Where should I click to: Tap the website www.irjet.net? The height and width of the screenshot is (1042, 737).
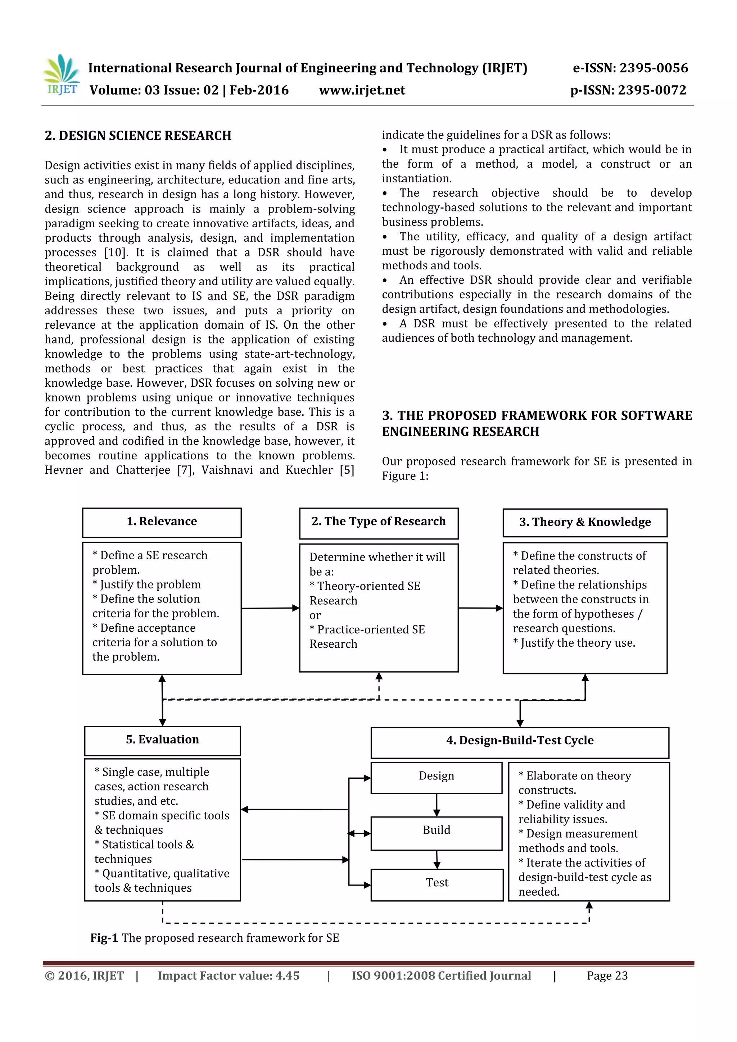pyautogui.click(x=362, y=90)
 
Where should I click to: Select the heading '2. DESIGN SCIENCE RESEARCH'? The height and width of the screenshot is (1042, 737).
pyautogui.click(x=138, y=136)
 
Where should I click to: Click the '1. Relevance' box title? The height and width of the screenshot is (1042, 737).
pyautogui.click(x=162, y=522)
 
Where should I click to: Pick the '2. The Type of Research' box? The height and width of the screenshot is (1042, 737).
pyautogui.click(x=378, y=522)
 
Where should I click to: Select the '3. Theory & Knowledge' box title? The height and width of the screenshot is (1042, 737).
pyautogui.click(x=584, y=522)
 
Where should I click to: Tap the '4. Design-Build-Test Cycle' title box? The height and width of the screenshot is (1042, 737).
pyautogui.click(x=520, y=741)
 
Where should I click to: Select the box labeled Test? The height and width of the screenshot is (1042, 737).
pyautogui.click(x=437, y=883)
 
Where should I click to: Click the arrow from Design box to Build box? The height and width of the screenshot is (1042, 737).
pyautogui.click(x=437, y=804)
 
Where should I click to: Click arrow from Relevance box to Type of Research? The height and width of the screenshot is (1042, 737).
pyautogui.click(x=270, y=608)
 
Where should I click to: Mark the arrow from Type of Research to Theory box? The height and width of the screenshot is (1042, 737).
pyautogui.click(x=480, y=608)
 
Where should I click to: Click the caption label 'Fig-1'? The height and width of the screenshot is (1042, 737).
pyautogui.click(x=104, y=938)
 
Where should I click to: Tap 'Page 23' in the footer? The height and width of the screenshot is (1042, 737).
pyautogui.click(x=607, y=976)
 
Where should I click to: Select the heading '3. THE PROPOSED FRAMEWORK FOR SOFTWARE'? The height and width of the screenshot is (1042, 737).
pyautogui.click(x=537, y=416)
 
